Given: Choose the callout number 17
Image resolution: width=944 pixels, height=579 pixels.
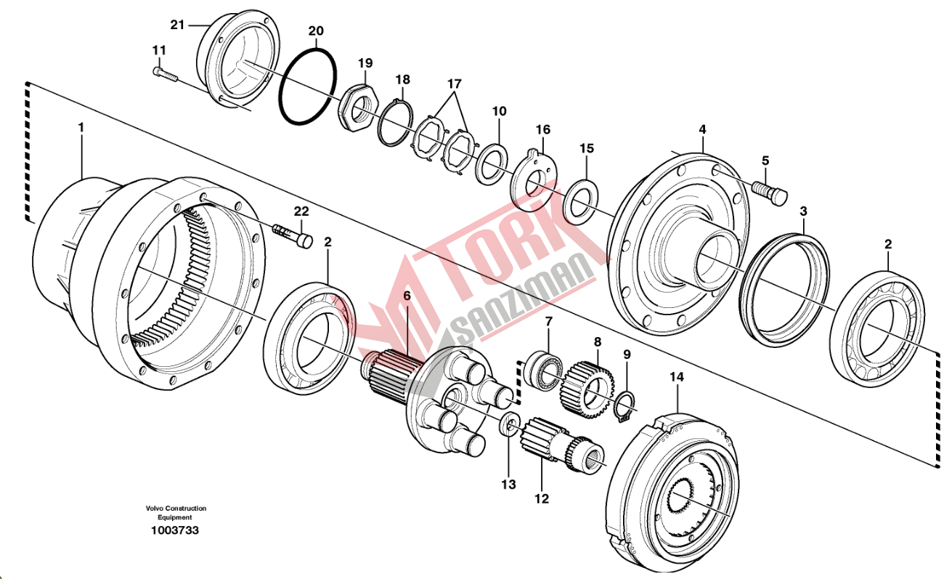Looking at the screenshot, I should (454, 84).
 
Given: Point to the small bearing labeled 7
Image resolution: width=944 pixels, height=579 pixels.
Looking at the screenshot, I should (543, 368).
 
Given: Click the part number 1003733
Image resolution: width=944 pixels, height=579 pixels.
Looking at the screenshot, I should (174, 530).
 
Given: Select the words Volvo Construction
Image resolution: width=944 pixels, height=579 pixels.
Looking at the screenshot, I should (174, 509).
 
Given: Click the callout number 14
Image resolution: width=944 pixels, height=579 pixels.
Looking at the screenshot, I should (677, 377).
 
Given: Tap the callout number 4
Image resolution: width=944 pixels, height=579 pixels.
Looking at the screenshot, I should (702, 129).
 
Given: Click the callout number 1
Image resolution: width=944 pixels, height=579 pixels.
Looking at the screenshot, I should (81, 127).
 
